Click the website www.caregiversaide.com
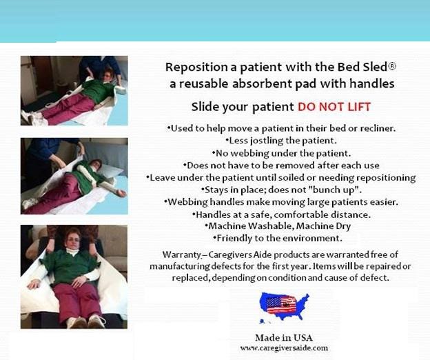point(284,348)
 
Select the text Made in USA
point(284,337)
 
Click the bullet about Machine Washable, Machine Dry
point(278,226)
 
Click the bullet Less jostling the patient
point(278,140)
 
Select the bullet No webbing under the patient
point(278,152)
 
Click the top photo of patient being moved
point(74,90)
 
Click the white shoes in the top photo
point(32,117)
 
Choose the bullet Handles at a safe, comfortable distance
point(278,213)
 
